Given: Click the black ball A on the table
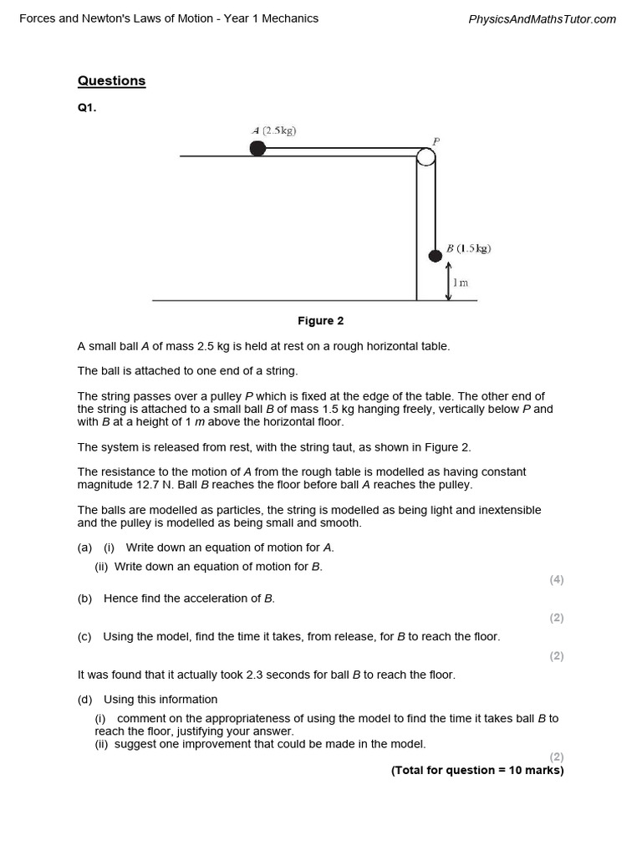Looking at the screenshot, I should point(257,149).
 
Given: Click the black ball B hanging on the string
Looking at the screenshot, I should point(435,255).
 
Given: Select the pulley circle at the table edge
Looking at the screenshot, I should point(425,156).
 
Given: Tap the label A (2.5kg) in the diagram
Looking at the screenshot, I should point(274,130).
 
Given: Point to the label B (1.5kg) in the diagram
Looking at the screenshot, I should point(468,248).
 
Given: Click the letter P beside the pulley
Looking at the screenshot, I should point(436,141).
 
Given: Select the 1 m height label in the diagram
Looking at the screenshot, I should point(461,283).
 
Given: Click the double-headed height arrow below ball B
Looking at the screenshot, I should point(449,281).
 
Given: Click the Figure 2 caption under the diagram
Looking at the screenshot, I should point(321,321).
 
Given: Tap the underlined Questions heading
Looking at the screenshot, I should point(111,81).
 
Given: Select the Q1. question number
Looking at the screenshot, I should point(87,107).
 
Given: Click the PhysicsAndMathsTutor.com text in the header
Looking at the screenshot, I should point(543,19).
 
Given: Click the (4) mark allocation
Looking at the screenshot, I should point(557,579).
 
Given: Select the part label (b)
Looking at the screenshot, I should point(84,599).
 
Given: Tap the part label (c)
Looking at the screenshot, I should point(84,637).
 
